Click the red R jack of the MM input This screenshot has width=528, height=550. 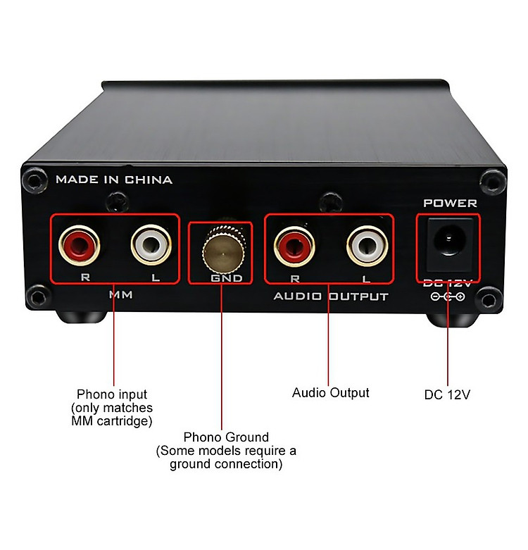tap(80, 245)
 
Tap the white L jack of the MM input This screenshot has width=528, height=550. tap(151, 244)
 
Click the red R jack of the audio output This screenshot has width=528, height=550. tap(294, 246)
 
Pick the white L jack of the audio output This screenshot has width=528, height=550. tap(367, 246)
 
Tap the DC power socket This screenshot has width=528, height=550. tap(449, 244)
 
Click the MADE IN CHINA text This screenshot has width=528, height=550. tap(114, 180)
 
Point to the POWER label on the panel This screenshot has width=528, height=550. tap(450, 203)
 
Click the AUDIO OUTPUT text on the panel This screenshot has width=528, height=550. tap(331, 296)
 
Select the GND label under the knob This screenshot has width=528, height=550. tap(227, 278)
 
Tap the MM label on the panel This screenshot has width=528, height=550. tap(121, 294)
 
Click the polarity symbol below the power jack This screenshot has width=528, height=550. tap(448, 296)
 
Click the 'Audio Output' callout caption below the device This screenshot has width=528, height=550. tap(331, 392)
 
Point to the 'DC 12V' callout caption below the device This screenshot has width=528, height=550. tap(447, 394)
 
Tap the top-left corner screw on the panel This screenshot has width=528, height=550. tap(34, 181)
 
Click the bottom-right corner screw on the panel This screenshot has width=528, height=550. tap(489, 300)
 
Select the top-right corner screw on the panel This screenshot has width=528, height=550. tap(493, 182)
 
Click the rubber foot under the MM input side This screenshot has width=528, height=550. tap(81, 316)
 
